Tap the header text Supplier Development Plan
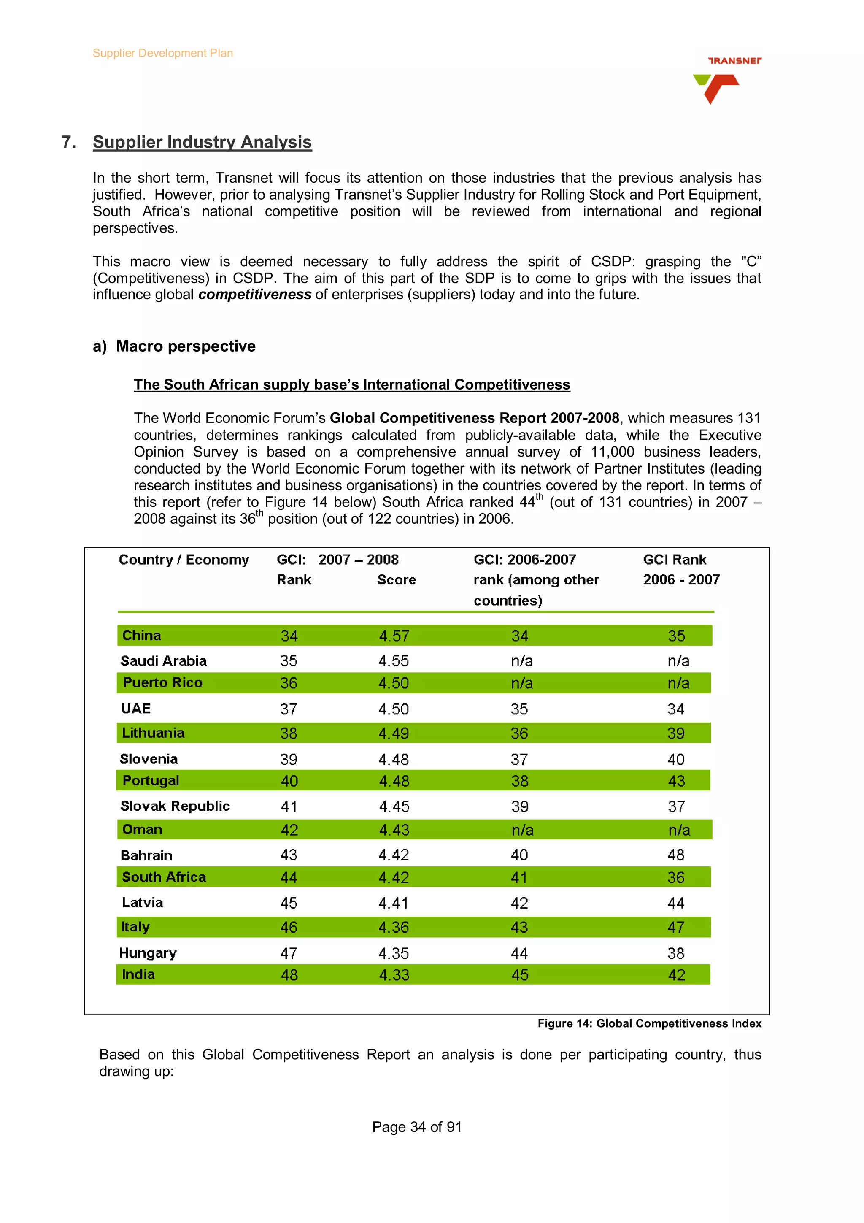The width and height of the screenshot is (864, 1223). click(162, 53)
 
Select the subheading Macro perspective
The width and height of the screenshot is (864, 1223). click(185, 346)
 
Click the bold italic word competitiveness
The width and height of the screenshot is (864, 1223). click(254, 295)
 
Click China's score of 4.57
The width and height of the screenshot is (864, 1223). click(394, 636)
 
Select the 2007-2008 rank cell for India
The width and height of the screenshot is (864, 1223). click(289, 975)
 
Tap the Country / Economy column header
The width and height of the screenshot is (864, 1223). click(184, 560)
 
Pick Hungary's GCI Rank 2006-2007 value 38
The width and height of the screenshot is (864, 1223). click(675, 953)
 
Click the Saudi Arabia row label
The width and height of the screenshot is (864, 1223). click(163, 661)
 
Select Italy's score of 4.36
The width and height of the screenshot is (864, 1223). click(394, 927)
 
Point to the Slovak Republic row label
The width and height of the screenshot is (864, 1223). click(175, 806)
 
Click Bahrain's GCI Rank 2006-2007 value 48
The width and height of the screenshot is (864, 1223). click(675, 855)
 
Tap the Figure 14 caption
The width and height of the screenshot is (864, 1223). click(649, 1023)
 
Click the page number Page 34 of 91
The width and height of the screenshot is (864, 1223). click(416, 1127)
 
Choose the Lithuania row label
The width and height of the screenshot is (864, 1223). click(153, 733)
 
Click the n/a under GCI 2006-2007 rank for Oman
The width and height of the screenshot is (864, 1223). click(522, 830)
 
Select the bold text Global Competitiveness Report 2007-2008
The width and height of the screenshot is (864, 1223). click(474, 418)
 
